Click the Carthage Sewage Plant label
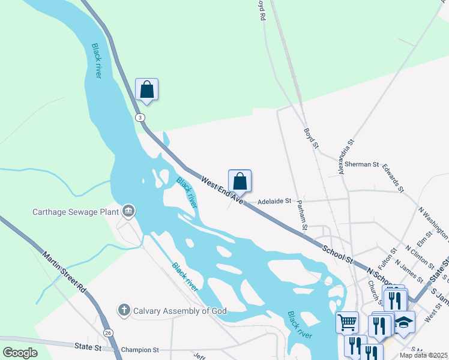click(x=76, y=212)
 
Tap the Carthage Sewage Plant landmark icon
click(x=128, y=211)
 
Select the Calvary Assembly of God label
click(x=170, y=310)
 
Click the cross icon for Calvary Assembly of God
click(x=124, y=310)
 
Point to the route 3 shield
click(x=140, y=117)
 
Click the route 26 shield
click(x=108, y=332)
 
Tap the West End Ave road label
click(x=221, y=188)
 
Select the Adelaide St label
click(x=274, y=202)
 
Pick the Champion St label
click(x=139, y=349)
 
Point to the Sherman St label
click(x=362, y=164)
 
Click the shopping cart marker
click(x=347, y=322)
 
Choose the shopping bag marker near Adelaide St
click(x=240, y=181)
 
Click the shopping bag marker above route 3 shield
click(x=146, y=90)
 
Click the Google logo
click(x=20, y=353)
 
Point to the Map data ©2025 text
click(x=423, y=355)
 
